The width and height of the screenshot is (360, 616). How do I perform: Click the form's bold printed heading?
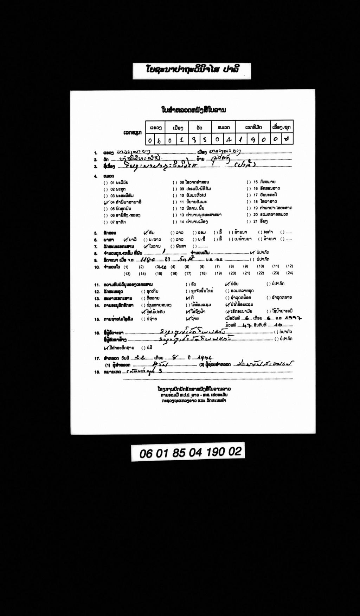click(x=193, y=110)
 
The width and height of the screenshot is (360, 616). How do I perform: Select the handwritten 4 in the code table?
click(x=229, y=140)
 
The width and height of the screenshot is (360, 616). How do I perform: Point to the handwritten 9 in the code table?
click(x=253, y=140)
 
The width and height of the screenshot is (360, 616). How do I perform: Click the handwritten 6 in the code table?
click(x=159, y=140)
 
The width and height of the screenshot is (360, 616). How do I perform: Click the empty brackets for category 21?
click(x=249, y=221)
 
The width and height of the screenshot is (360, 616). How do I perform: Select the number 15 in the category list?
click(x=255, y=182)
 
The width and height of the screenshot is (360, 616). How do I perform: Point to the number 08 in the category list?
click(x=182, y=182)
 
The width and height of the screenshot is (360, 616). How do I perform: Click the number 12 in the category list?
click(x=182, y=208)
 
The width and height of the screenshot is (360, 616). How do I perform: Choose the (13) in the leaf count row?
click(x=127, y=274)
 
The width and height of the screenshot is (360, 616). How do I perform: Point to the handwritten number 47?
click(x=246, y=325)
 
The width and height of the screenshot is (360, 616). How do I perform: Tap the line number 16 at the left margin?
click(x=97, y=333)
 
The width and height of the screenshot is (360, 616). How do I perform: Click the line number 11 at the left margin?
click(x=97, y=285)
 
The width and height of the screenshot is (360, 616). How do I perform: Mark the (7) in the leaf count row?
click(x=217, y=267)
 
